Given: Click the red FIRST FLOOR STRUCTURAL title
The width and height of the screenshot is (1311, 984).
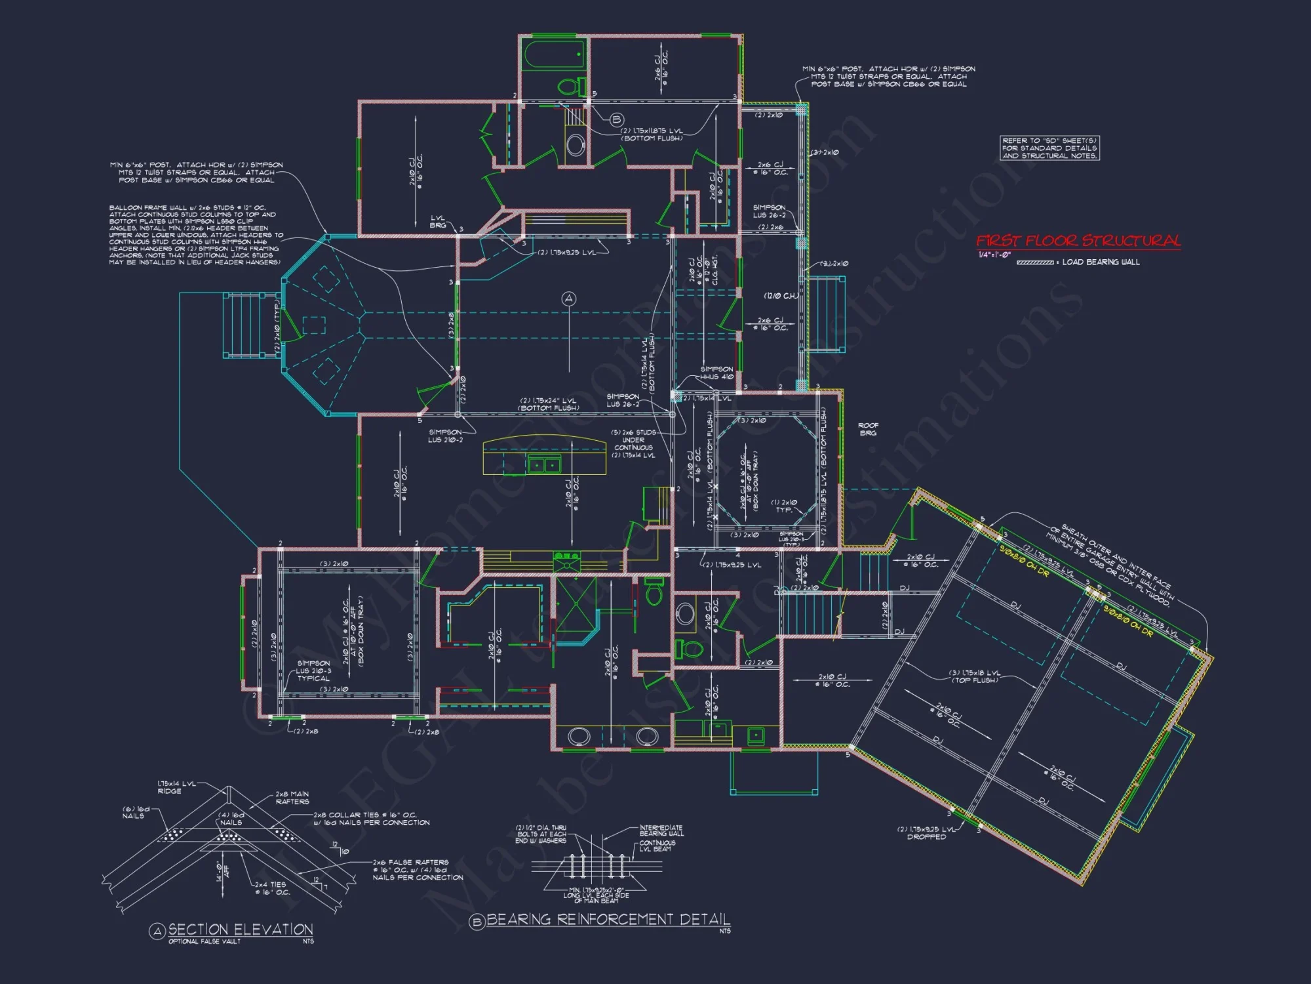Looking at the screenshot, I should [1078, 241].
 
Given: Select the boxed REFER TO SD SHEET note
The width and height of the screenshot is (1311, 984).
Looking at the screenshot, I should [1049, 148].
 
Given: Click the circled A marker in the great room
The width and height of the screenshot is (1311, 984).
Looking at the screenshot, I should [568, 299].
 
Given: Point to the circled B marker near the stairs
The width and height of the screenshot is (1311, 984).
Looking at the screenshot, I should [616, 120].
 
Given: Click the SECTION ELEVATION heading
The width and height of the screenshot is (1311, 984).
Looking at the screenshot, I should [240, 930].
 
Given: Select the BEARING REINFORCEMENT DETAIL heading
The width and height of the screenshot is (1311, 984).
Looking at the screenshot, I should [608, 920].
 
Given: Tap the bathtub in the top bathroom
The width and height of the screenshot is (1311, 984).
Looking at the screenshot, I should [555, 56].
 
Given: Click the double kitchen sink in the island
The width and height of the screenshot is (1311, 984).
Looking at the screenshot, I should [544, 465].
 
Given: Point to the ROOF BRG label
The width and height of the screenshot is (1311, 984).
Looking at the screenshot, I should [868, 429].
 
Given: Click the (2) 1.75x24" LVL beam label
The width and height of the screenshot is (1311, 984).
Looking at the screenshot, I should [549, 404].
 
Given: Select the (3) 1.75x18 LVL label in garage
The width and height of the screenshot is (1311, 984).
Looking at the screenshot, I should [975, 676].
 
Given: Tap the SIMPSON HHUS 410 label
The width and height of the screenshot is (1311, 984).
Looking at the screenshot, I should [716, 373].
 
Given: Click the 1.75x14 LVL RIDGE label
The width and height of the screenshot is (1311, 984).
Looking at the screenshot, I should [176, 787].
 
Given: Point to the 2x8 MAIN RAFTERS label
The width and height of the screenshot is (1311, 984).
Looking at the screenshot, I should [292, 798].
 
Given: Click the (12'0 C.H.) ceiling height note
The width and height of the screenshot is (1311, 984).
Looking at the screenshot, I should [781, 296].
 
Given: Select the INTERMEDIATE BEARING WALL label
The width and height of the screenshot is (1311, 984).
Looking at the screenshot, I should [661, 830].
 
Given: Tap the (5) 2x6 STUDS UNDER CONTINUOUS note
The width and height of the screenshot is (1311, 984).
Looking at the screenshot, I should [633, 444].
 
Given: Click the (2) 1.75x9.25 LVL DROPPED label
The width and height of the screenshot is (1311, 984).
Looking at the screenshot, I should [926, 833].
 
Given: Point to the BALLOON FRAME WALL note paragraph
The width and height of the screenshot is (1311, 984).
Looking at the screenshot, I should [195, 235].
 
